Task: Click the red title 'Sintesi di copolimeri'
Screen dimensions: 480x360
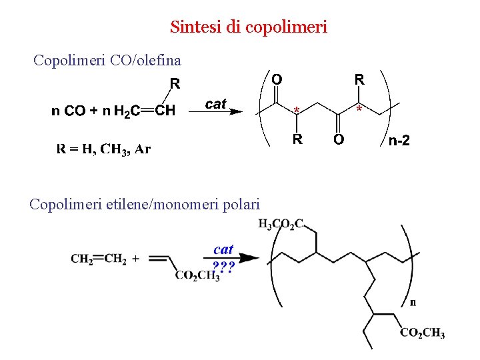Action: click(x=248, y=27)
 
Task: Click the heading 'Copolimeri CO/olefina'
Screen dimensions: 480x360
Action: click(x=107, y=61)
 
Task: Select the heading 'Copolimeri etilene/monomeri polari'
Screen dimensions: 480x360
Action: click(x=145, y=204)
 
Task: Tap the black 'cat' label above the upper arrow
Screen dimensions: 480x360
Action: click(x=216, y=103)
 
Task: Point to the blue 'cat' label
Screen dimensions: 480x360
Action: click(x=223, y=249)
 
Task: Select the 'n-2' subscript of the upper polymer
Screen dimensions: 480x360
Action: click(x=399, y=141)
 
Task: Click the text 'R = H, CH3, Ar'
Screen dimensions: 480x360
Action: click(x=103, y=149)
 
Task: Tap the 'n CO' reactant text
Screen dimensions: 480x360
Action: click(x=68, y=111)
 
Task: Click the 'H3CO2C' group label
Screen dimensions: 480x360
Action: click(x=281, y=224)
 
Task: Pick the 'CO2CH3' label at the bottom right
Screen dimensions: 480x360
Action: click(x=423, y=333)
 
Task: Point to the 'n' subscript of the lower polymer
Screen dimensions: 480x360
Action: click(x=413, y=302)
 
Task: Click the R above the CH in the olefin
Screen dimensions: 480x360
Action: click(x=175, y=84)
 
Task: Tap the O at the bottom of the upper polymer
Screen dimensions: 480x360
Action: click(x=339, y=140)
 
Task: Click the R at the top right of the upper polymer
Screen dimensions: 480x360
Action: click(x=359, y=79)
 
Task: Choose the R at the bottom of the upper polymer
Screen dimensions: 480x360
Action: click(x=298, y=139)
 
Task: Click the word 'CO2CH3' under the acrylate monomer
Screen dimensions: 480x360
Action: click(x=197, y=275)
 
